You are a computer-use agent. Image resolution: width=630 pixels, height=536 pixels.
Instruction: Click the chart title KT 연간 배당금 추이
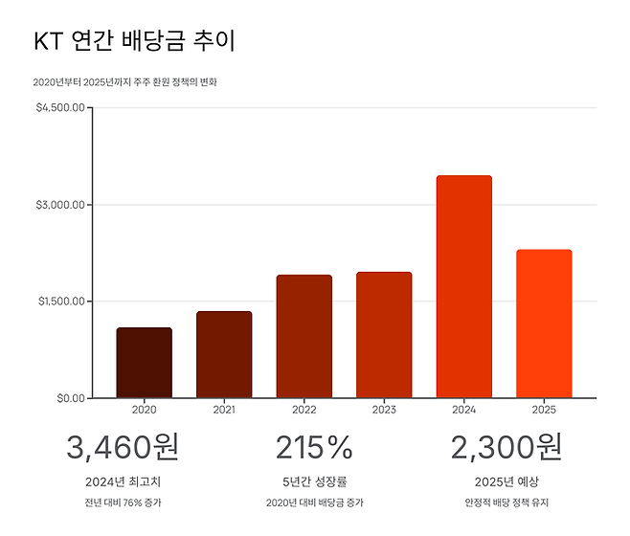[134, 41]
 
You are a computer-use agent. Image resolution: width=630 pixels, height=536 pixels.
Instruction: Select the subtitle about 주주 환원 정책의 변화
[125, 82]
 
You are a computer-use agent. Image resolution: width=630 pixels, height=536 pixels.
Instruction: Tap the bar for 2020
[145, 363]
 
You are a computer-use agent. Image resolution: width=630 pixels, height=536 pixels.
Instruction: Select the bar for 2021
[224, 354]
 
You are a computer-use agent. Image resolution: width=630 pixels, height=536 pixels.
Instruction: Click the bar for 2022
[304, 336]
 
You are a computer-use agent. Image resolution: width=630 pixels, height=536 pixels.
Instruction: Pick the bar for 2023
[384, 335]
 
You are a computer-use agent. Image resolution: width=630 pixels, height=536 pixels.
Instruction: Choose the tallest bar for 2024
[463, 287]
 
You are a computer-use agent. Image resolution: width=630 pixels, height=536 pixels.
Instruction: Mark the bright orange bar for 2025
[544, 324]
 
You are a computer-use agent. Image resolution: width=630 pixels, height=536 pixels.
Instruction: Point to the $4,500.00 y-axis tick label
[61, 108]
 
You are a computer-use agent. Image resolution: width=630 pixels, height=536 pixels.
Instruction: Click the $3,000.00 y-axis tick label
[61, 205]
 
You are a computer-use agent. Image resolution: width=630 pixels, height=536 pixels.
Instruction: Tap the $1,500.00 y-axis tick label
[61, 301]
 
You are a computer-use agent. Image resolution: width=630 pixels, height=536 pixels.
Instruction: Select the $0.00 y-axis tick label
[69, 398]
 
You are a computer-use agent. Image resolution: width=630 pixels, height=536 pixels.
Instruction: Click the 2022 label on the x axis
[304, 410]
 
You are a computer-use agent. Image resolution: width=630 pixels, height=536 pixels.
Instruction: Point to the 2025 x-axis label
[544, 410]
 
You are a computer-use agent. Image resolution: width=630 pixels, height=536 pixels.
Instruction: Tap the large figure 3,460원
[123, 447]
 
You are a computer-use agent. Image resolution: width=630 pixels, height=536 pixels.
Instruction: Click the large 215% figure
[314, 447]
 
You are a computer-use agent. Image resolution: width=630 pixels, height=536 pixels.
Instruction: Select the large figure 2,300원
[506, 447]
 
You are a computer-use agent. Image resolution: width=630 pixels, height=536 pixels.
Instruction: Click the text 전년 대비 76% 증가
[123, 502]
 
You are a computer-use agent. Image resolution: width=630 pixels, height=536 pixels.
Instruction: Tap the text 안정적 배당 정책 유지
[506, 502]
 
